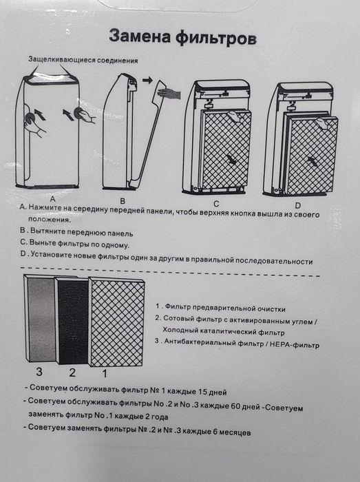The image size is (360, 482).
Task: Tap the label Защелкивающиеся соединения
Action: (83, 61)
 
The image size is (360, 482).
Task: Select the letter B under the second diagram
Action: (121, 197)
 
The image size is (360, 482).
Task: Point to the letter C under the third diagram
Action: (215, 204)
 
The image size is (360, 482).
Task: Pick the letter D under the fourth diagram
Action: (298, 205)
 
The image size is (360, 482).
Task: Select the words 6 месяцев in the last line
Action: (226, 432)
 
